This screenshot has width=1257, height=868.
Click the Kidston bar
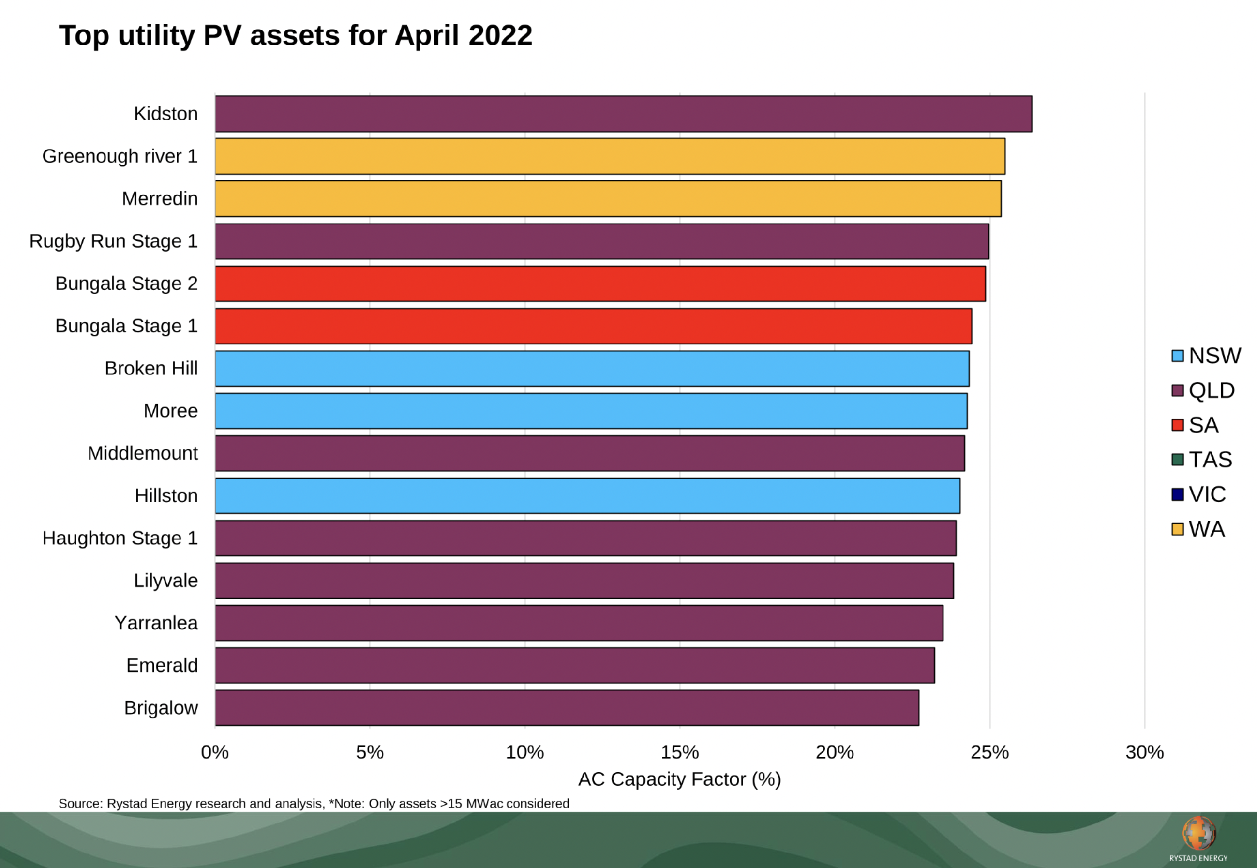(623, 114)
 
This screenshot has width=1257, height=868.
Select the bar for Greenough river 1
(609, 156)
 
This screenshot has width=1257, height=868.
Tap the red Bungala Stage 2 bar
(599, 284)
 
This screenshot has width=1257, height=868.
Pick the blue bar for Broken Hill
(592, 368)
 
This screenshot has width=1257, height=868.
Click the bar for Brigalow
(567, 707)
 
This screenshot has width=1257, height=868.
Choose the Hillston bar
(587, 495)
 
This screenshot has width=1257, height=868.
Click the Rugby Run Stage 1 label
(113, 241)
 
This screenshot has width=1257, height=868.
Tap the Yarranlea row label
(156, 623)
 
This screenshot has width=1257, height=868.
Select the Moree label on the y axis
(170, 411)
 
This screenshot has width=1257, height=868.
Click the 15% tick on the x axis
(679, 752)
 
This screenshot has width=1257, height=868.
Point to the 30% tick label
(1144, 752)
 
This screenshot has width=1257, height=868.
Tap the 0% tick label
(215, 752)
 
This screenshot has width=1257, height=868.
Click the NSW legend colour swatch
(1178, 356)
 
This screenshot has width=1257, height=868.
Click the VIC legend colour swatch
(1178, 494)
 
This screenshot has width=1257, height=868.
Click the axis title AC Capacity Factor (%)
(679, 779)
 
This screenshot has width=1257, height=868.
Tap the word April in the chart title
(427, 35)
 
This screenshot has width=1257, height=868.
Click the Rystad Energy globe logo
(1198, 833)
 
